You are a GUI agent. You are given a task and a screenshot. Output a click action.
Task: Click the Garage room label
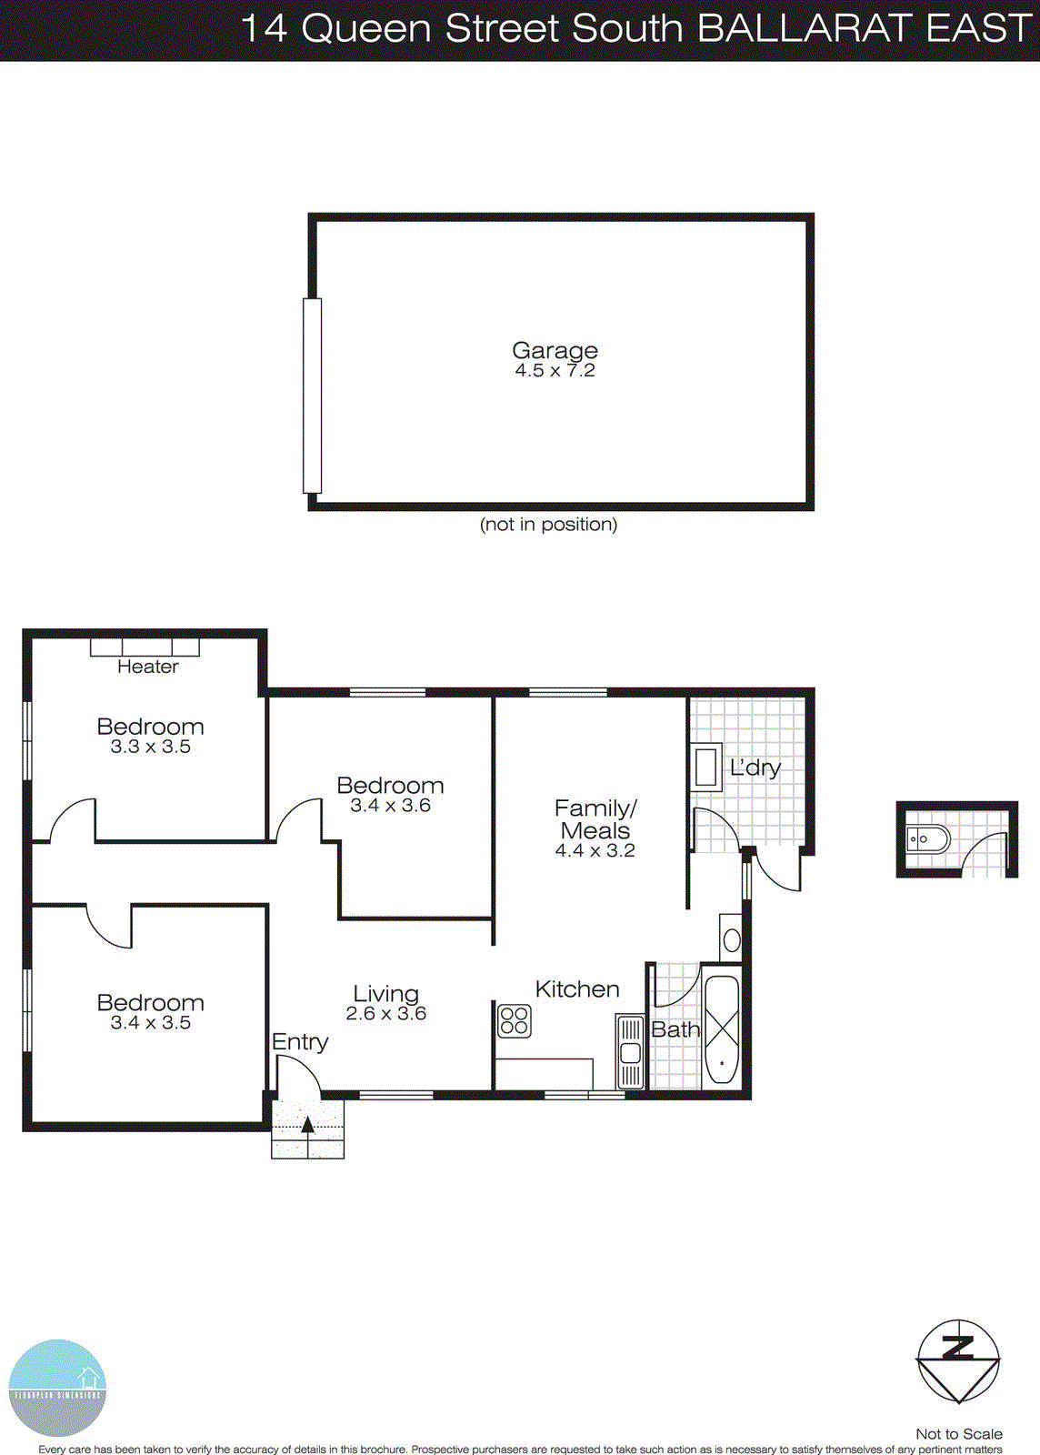coord(555,350)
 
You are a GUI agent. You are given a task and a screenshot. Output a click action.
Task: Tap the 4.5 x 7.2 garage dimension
coord(555,371)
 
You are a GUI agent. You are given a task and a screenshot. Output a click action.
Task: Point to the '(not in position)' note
coord(548,525)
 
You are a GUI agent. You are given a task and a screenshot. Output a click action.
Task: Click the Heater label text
coord(147,667)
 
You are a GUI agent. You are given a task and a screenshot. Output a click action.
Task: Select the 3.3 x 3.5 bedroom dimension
coord(150,748)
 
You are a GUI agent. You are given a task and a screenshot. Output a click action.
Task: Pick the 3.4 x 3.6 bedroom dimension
coord(390,806)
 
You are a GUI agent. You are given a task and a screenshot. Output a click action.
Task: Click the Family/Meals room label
coord(595,818)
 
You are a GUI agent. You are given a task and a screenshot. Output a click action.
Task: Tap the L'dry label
coord(755,768)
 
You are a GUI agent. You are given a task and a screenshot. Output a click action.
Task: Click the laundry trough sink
coord(706,766)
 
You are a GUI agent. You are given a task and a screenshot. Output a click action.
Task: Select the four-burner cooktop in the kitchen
coord(514,1020)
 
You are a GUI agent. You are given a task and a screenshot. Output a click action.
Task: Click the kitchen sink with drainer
coord(629,1052)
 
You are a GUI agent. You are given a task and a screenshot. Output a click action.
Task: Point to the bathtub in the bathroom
coord(723,1029)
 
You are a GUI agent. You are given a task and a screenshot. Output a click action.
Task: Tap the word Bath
coord(675,1029)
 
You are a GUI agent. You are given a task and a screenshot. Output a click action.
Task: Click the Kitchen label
coord(577,989)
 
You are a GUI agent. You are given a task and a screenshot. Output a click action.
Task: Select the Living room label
coord(385,994)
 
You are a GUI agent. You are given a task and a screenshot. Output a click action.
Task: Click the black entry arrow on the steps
coord(307,1125)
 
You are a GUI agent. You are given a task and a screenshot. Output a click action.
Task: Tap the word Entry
coord(300,1042)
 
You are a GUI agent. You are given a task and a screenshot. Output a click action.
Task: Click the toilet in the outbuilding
coord(926,838)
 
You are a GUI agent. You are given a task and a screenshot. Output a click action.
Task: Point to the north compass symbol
coord(958,1360)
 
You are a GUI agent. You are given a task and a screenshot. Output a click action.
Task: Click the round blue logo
coord(57,1387)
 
